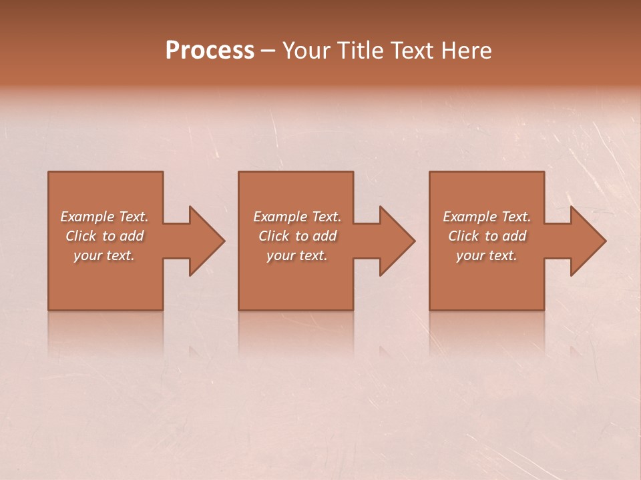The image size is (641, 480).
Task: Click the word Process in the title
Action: point(210,51)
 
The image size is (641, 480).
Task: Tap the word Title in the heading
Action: point(360,51)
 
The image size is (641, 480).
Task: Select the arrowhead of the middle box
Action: point(396,241)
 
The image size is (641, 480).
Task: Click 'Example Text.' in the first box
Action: point(104,217)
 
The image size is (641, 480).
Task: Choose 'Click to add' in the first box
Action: point(104,236)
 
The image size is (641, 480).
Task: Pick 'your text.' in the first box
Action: point(104,255)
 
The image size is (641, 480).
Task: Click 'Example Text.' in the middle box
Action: point(297,217)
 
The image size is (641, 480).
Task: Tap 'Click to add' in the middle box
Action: point(297,236)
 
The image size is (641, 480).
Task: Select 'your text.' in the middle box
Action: point(297,255)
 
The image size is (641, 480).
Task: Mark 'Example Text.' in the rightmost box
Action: point(487,217)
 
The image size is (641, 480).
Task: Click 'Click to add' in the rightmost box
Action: point(487,236)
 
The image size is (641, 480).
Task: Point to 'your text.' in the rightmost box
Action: point(487,255)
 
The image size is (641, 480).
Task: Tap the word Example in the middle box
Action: point(280,217)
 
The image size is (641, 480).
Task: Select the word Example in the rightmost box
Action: point(469,217)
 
